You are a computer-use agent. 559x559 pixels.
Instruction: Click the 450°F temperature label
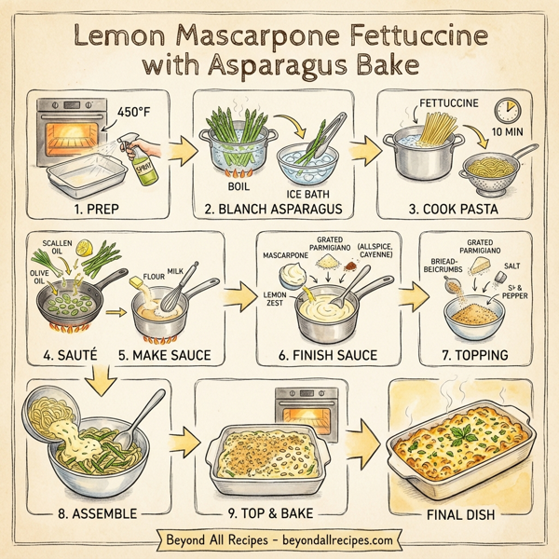point(137,114)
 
